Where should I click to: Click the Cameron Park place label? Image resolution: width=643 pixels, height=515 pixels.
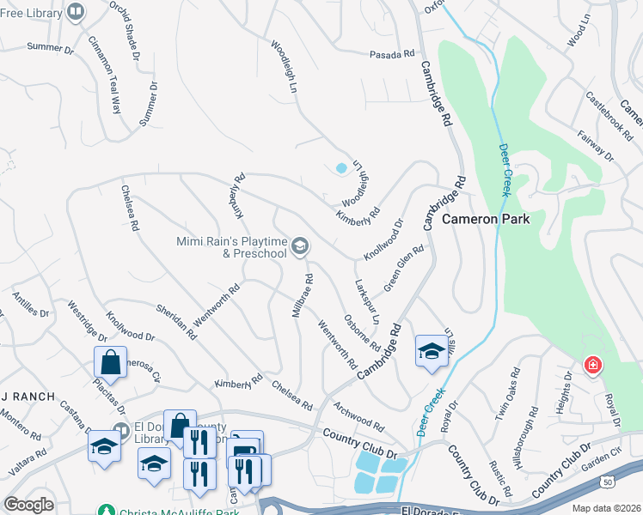(x=486, y=220)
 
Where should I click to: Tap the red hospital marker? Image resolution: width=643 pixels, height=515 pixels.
(x=592, y=367)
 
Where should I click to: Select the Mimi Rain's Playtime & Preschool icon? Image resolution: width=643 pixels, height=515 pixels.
(x=300, y=247)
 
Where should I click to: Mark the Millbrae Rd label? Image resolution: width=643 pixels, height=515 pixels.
(x=302, y=296)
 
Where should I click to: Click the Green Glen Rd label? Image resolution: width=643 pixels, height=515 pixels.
(x=404, y=269)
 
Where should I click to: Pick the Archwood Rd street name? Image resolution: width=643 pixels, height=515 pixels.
(x=360, y=417)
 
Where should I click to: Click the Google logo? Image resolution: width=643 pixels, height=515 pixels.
(x=29, y=505)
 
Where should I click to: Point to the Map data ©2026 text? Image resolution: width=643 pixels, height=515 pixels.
(x=607, y=508)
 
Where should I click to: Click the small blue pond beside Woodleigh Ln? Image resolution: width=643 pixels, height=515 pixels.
(x=341, y=168)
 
